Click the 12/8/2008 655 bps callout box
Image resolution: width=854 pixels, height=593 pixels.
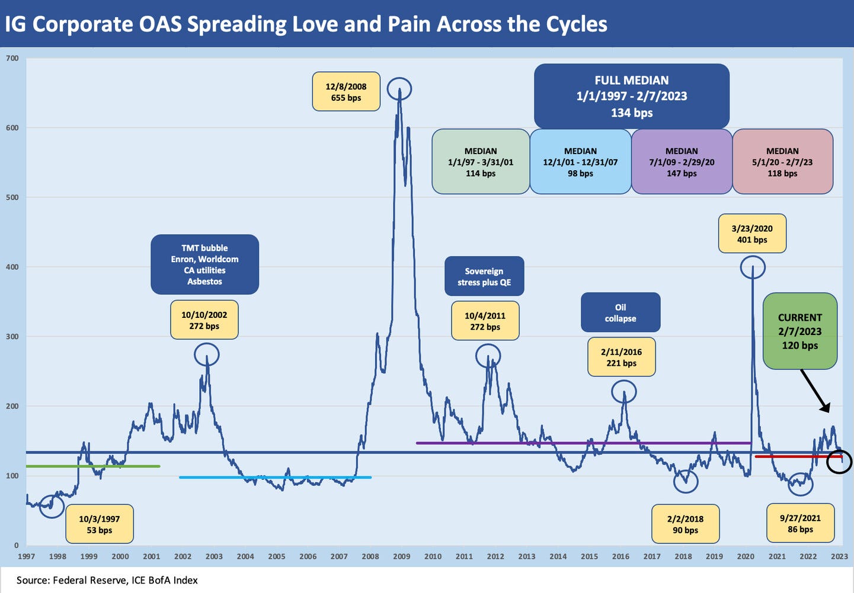pos(346,92)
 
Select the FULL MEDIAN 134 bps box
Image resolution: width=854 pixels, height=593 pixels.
pos(631,96)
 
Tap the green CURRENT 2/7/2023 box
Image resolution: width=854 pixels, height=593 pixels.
pos(799,331)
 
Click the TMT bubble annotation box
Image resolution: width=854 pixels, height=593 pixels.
pos(204,264)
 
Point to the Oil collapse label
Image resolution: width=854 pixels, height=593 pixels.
pos(620,313)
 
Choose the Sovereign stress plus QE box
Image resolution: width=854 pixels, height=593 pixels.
pos(484,276)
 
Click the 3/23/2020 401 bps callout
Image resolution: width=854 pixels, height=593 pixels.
pos(751,234)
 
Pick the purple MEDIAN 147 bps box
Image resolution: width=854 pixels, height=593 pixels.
pos(682,162)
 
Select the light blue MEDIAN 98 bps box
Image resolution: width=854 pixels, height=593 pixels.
pos(580,162)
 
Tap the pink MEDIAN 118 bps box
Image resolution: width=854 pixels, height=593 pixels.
pos(782,162)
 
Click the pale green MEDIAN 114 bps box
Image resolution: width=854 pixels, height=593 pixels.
pos(481,162)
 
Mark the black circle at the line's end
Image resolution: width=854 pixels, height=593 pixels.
pos(839,461)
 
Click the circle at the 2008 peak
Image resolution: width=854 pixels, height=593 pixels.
pos(399,89)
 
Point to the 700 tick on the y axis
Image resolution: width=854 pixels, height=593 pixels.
pos(12,58)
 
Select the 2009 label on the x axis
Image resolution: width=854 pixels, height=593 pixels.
pos(401,556)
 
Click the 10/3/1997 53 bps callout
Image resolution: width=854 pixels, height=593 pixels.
pos(99,524)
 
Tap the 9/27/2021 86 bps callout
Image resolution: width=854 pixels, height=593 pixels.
pos(800,524)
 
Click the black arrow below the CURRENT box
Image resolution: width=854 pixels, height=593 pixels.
pos(815,391)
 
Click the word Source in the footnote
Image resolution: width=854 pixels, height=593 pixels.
pos(33,580)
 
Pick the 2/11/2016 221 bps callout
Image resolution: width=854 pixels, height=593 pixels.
pos(621,357)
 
